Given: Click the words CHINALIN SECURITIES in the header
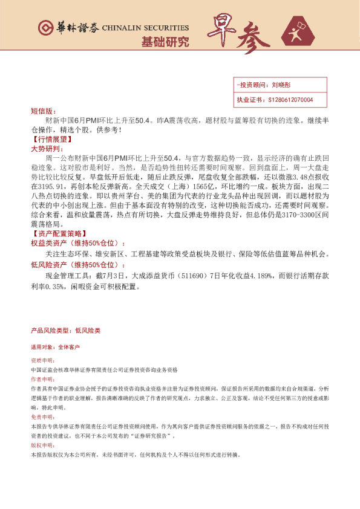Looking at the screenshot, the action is [145, 28].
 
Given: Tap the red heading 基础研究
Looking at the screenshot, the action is [165, 42].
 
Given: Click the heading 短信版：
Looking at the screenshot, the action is [42, 112].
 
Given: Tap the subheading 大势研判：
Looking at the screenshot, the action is [47, 148].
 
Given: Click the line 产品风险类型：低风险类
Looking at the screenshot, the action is [65, 331].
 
